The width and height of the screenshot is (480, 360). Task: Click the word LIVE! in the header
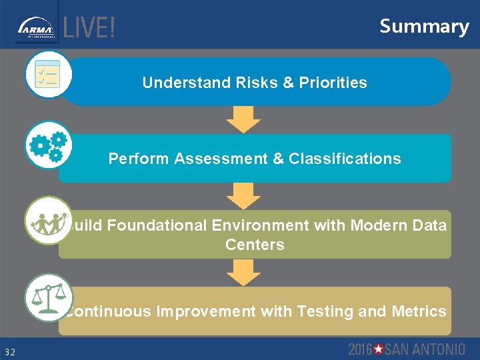tap(89, 29)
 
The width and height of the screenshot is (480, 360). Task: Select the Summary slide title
tap(424, 26)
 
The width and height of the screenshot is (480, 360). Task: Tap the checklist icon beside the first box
tap(47, 74)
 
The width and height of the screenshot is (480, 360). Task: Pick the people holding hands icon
tap(48, 219)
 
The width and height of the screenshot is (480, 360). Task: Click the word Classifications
tap(345, 159)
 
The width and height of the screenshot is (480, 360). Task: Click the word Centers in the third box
tap(255, 245)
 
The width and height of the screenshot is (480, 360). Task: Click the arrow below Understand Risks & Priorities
tap(243, 119)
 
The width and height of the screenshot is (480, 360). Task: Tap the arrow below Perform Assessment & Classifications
tap(243, 196)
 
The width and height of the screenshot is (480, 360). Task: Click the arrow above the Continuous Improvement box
tap(243, 272)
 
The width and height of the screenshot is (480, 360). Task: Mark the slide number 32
tap(9, 351)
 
